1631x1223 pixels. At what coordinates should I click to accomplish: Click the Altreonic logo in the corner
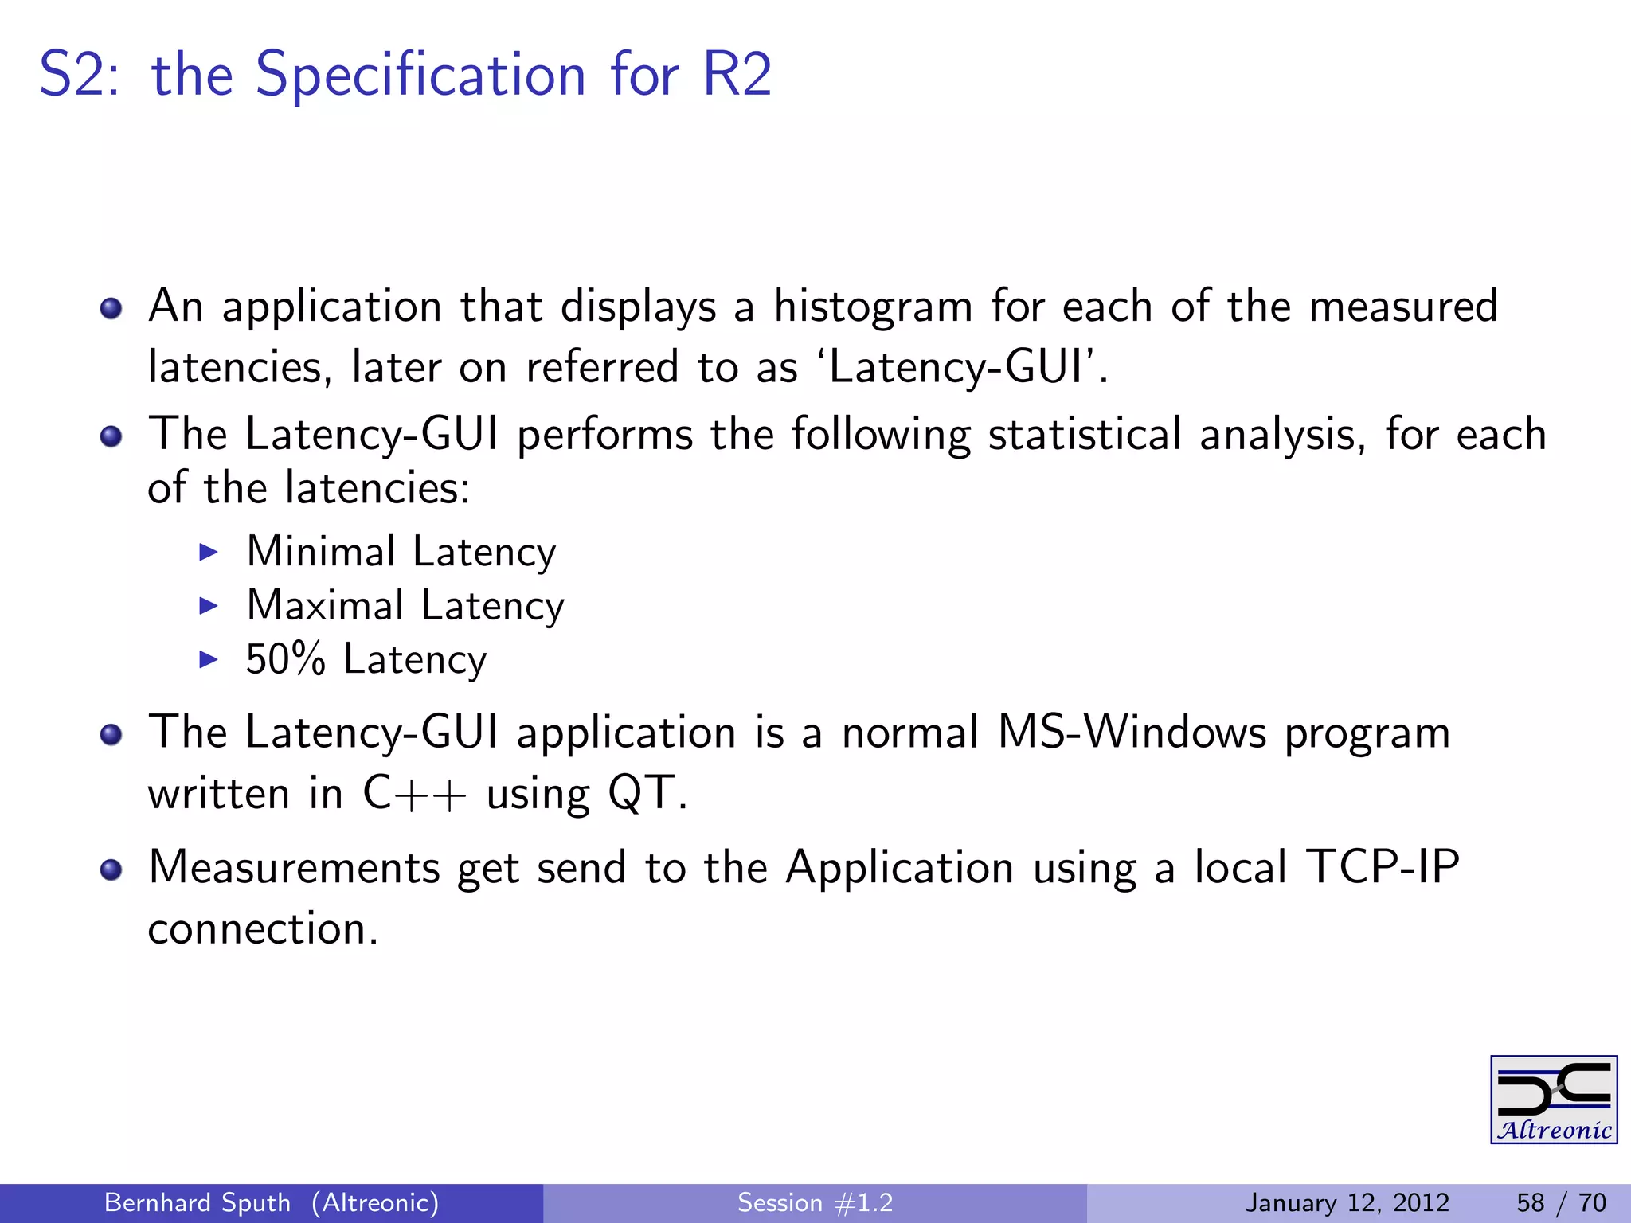click(x=1553, y=1100)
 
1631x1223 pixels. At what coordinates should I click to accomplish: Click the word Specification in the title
click(x=420, y=75)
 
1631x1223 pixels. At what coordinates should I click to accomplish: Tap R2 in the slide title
click(x=737, y=75)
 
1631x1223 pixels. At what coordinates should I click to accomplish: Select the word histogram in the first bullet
click(x=873, y=307)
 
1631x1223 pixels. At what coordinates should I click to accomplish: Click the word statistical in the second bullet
click(x=1084, y=435)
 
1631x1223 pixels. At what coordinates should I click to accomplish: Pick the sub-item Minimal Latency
click(x=401, y=552)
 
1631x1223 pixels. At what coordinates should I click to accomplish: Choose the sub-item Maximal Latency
click(x=405, y=605)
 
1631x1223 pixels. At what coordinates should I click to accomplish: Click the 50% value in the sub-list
click(x=285, y=659)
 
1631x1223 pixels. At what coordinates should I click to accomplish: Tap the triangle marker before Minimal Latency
click(x=209, y=552)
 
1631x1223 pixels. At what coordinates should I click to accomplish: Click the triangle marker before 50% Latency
click(x=209, y=659)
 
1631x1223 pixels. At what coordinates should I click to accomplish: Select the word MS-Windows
click(x=1131, y=733)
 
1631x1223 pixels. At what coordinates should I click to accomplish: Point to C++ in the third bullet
click(x=413, y=794)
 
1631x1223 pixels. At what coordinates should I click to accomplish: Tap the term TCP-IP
click(x=1383, y=867)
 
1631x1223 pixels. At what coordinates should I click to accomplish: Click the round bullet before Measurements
click(x=111, y=869)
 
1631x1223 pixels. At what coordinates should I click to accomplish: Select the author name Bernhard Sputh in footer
click(x=198, y=1202)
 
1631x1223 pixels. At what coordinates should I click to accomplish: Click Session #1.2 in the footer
click(x=815, y=1202)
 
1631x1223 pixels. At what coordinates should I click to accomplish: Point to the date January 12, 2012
click(x=1347, y=1202)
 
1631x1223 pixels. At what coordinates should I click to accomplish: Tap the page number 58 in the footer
click(x=1531, y=1202)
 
